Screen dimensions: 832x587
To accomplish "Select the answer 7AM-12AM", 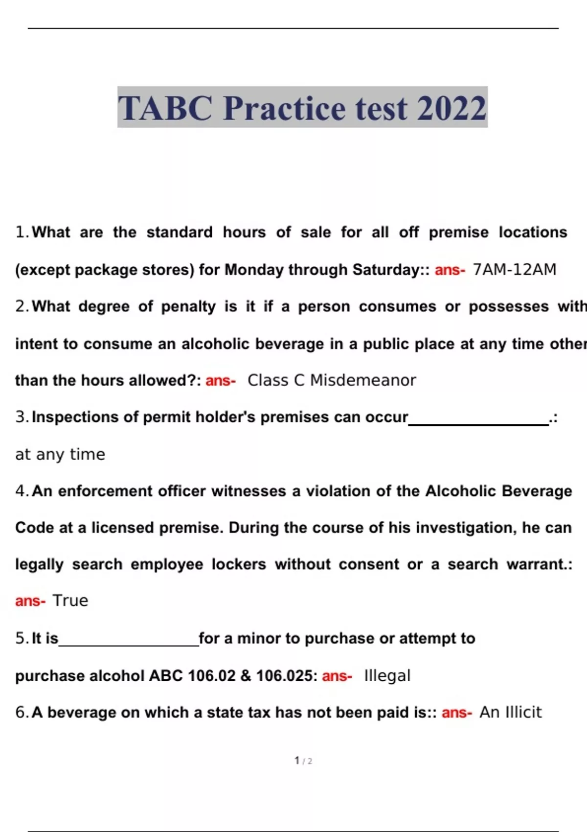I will [515, 270].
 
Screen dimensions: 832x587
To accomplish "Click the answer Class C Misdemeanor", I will [332, 380].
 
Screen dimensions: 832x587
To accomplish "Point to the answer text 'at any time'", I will [60, 455].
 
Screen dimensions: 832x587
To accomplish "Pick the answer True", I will [70, 601].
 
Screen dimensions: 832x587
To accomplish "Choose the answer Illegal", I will [387, 676].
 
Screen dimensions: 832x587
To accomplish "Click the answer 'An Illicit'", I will [510, 713].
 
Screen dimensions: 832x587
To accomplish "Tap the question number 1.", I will [22, 232].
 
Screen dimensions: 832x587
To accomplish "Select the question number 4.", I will [22, 491].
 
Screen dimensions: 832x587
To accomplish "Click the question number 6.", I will [22, 713].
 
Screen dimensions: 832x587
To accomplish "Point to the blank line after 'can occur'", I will [478, 424].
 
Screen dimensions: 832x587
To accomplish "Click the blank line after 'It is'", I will [129, 645].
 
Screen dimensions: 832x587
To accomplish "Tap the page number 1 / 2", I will [303, 761].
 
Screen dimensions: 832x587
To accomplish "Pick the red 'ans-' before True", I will [30, 601].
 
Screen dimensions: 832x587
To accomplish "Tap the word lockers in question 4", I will [239, 564].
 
